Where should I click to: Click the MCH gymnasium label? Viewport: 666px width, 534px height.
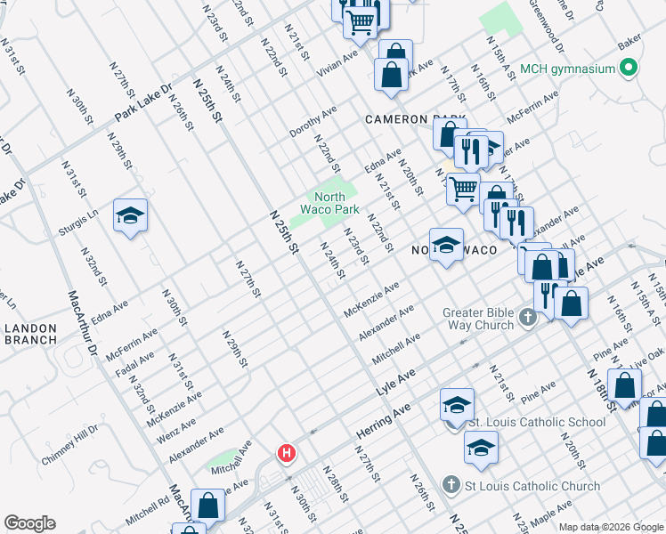(567, 69)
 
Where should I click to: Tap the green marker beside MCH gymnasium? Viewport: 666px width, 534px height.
(629, 68)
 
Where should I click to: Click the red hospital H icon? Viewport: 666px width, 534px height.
(287, 453)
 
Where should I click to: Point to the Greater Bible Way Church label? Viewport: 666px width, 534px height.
(479, 319)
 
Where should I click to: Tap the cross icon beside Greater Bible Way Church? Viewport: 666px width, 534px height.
(527, 318)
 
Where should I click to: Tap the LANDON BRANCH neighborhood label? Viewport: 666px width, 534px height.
(30, 334)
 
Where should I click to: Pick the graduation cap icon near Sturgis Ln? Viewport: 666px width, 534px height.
(130, 216)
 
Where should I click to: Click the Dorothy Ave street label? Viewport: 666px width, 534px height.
(313, 122)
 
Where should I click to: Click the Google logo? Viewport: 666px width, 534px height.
(29, 523)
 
